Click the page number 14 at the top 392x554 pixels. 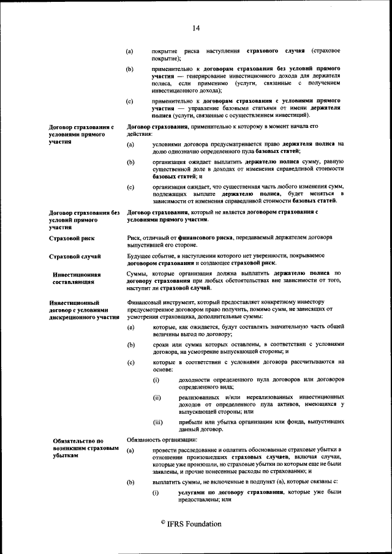tap(196, 28)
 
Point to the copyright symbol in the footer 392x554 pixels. tap(162, 522)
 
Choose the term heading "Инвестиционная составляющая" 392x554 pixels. tap(77, 279)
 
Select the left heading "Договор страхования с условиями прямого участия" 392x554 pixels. tap(81, 134)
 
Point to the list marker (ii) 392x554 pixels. tap(156, 398)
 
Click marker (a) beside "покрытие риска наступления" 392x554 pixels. tap(129, 51)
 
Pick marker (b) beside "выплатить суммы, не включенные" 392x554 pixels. tap(129, 482)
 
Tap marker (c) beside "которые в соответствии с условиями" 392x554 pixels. tap(129, 362)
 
